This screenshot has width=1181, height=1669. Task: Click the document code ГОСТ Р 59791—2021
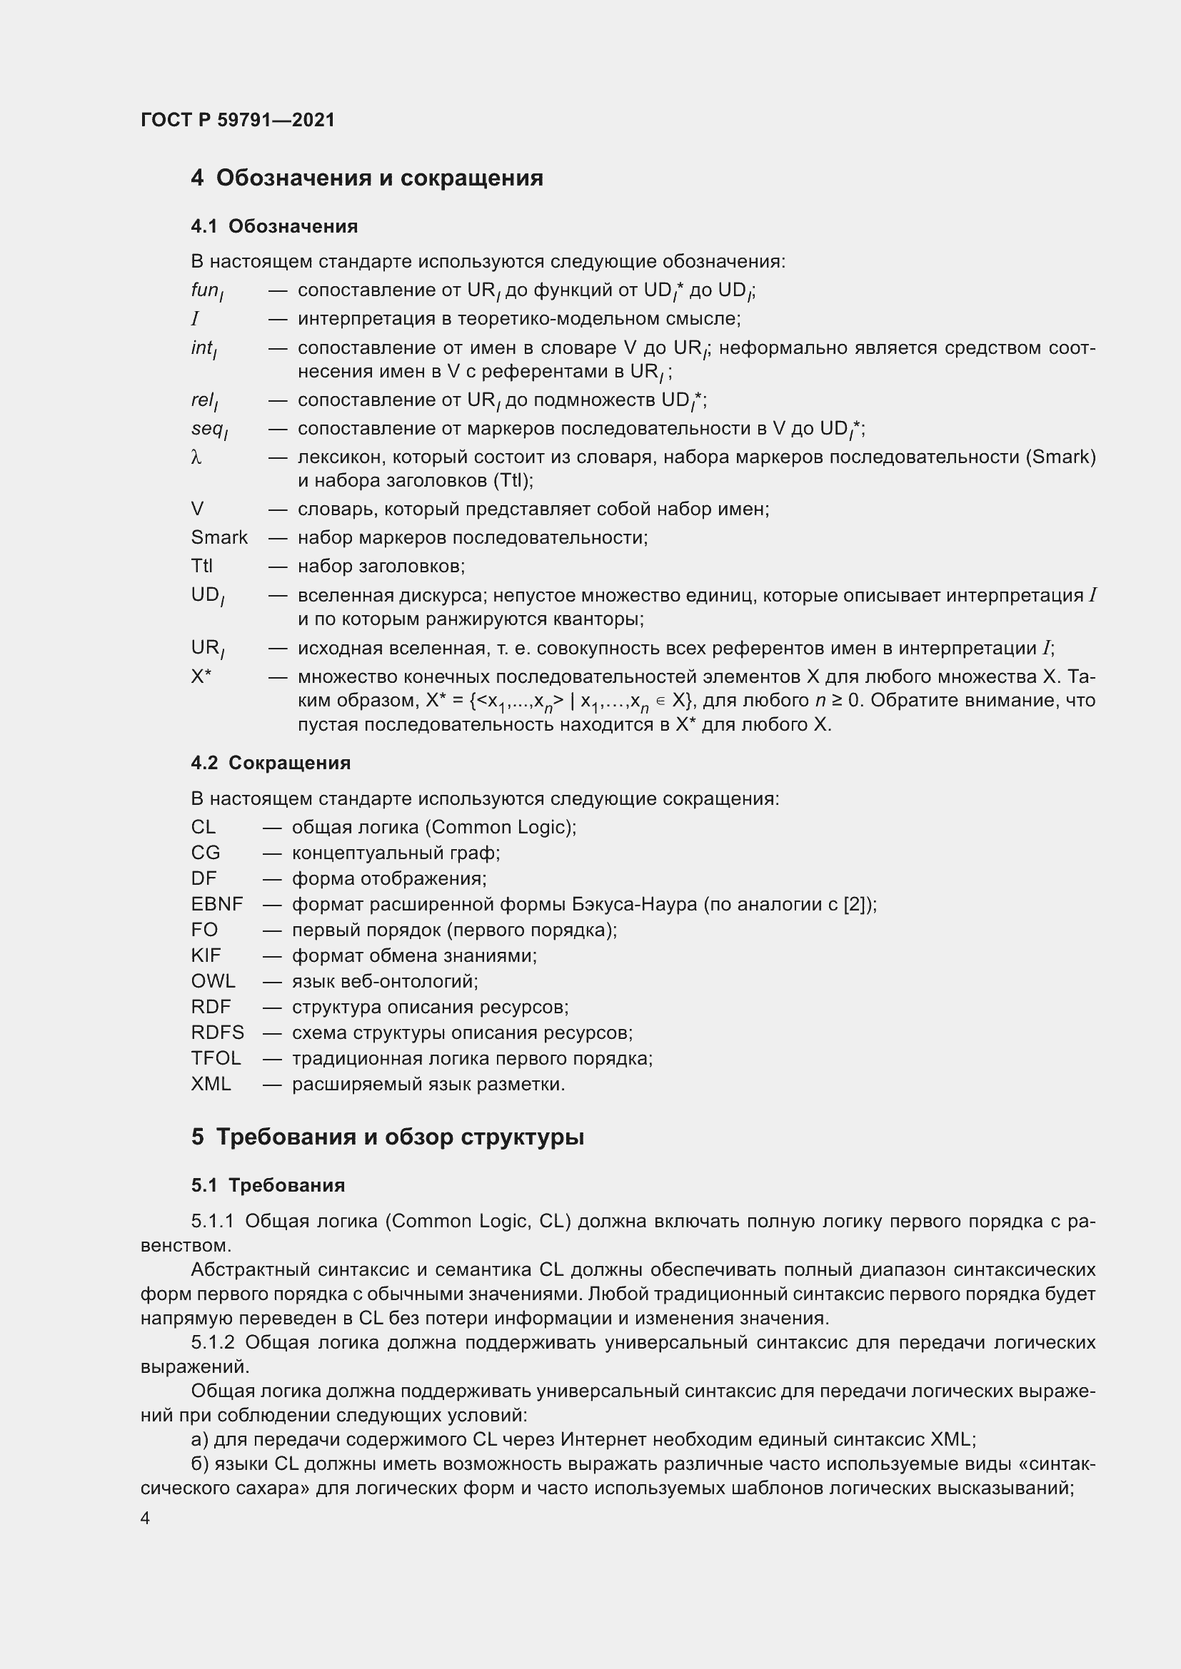tap(238, 120)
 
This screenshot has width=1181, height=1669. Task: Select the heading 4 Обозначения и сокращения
tap(366, 178)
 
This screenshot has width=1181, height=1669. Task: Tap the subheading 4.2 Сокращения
tap(271, 763)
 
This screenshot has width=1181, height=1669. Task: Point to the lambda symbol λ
tap(196, 457)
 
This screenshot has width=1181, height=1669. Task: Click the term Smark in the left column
tap(219, 537)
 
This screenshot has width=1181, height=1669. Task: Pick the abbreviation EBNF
tap(217, 904)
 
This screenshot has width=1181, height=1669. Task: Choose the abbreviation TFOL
tap(216, 1058)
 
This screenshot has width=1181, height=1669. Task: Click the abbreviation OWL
tap(213, 981)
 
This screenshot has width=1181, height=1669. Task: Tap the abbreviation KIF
tap(206, 955)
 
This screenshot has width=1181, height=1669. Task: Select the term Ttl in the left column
tap(201, 566)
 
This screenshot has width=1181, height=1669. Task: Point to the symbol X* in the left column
tap(201, 676)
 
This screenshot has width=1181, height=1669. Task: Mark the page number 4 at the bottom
tap(146, 1518)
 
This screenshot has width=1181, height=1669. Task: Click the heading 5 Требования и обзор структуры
tap(388, 1136)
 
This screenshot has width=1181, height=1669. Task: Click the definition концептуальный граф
tap(396, 853)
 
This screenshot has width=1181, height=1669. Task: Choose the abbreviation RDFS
tap(218, 1033)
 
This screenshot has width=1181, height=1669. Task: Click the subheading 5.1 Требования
tap(268, 1185)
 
